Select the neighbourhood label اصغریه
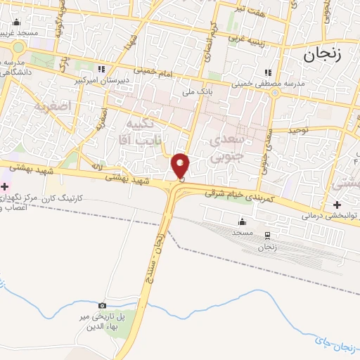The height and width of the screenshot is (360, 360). coord(53,107)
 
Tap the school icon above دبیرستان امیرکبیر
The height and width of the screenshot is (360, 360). coord(102,70)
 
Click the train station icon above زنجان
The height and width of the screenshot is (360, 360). coord(267,236)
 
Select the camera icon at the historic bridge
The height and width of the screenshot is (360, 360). coord(103,306)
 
